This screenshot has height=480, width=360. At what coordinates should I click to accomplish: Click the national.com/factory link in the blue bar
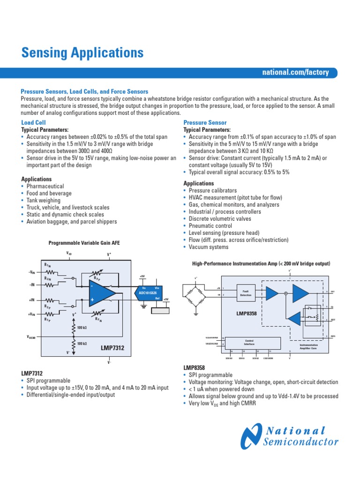(x=295, y=73)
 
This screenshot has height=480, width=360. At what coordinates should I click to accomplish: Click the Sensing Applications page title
(x=82, y=53)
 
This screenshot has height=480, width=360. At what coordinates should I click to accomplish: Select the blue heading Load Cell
(x=33, y=122)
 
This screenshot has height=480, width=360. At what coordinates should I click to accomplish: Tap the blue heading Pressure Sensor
(x=205, y=122)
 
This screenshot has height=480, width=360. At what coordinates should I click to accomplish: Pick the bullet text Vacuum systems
(x=209, y=247)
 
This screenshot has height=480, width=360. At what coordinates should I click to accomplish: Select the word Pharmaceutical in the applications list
(x=45, y=186)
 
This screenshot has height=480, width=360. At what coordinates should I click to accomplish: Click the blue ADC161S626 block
(x=149, y=293)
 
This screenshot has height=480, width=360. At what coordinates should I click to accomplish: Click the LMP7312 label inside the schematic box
(x=113, y=348)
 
